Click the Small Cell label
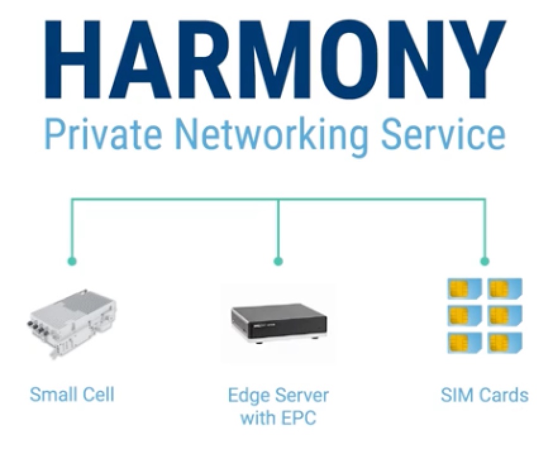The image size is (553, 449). pyautogui.click(x=72, y=395)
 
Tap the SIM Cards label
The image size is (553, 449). pyautogui.click(x=484, y=395)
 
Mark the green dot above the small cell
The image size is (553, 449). pyautogui.click(x=71, y=261)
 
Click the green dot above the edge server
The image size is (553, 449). pyautogui.click(x=278, y=261)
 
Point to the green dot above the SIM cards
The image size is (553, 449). pyautogui.click(x=485, y=261)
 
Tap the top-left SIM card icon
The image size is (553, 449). pyautogui.click(x=465, y=290)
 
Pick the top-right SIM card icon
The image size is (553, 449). pyautogui.click(x=504, y=290)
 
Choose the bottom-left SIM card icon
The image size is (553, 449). pyautogui.click(x=465, y=342)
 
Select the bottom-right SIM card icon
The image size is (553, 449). pyautogui.click(x=504, y=342)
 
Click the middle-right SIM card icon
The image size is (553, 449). pyautogui.click(x=504, y=316)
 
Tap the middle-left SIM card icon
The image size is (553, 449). pyautogui.click(x=465, y=316)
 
